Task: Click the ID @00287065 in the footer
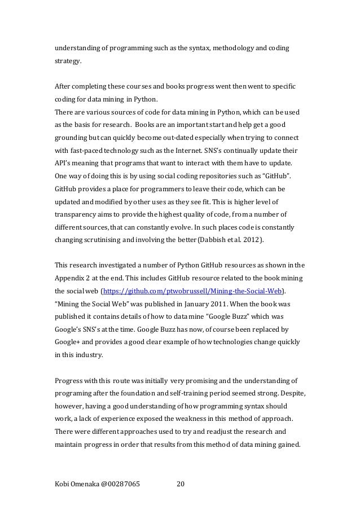point(120,483)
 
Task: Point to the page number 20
point(181,483)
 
